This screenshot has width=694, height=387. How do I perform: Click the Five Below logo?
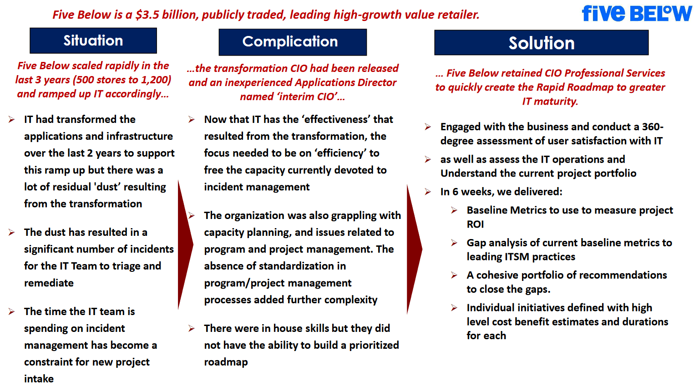coord(637,13)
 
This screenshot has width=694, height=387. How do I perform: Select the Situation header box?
coord(93,41)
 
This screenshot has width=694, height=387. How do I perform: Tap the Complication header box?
coord(293,42)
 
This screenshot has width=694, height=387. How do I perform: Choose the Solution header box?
coord(541,43)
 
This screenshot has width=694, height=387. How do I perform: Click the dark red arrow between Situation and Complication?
coord(185,245)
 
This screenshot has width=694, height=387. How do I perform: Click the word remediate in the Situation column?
coord(49,283)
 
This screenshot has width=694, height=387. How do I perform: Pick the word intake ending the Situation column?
coord(39,379)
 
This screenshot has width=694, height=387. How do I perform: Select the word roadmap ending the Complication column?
coord(226,362)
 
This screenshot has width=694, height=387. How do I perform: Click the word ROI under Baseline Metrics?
coord(475,224)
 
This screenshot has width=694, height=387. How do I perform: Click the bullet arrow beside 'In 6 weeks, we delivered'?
coord(428,192)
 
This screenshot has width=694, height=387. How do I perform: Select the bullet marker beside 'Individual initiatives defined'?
coord(454,308)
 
